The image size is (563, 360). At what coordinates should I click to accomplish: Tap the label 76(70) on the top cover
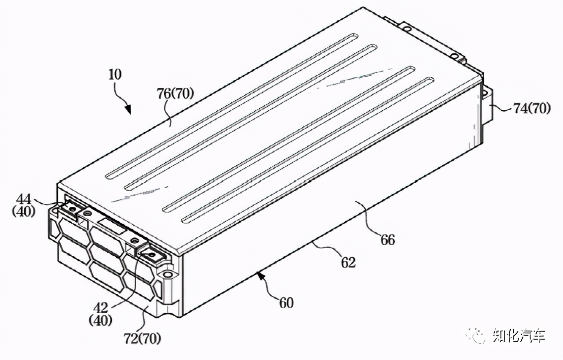pos(175,94)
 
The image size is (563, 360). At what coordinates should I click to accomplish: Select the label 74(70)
pos(532,108)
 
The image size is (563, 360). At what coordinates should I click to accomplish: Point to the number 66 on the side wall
pos(388,239)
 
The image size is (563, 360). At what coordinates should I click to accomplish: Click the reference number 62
pos(348,262)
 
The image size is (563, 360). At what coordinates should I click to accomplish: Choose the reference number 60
pos(286,303)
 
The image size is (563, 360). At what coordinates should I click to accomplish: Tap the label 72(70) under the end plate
pos(142,338)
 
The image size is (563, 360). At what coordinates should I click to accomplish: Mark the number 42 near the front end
pos(101,308)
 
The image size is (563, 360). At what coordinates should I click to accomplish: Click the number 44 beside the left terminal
pos(24,199)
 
